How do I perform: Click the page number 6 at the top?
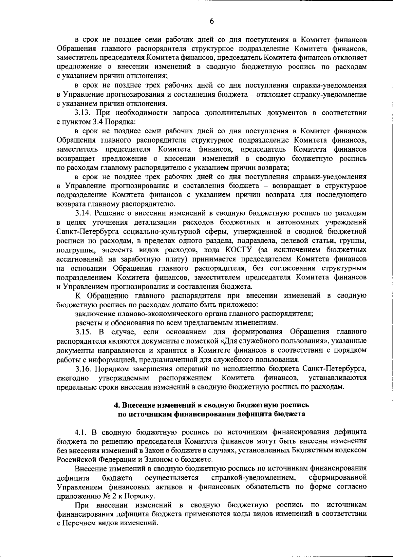(x=212, y=21)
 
